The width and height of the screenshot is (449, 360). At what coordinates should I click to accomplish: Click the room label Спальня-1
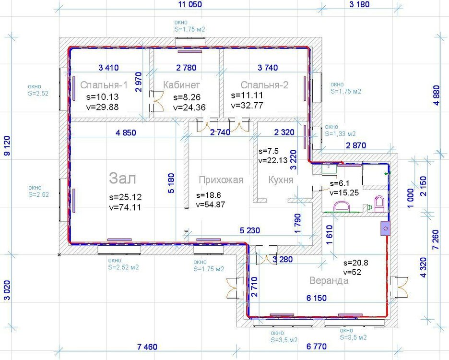pyautogui.click(x=104, y=85)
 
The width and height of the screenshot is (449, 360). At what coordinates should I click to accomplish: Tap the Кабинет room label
pyautogui.click(x=181, y=85)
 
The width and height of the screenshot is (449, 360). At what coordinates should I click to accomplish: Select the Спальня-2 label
pyautogui.click(x=265, y=85)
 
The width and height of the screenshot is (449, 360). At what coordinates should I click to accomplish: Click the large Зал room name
pyautogui.click(x=122, y=178)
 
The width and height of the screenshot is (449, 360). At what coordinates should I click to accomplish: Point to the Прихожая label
pyautogui.click(x=221, y=180)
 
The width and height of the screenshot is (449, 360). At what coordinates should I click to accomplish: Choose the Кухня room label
pyautogui.click(x=281, y=180)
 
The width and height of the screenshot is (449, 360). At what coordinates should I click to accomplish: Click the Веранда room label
pyautogui.click(x=329, y=280)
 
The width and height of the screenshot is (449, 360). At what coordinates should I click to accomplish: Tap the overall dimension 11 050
pyautogui.click(x=190, y=5)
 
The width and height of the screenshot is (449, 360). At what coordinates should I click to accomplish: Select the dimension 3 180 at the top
pyautogui.click(x=359, y=5)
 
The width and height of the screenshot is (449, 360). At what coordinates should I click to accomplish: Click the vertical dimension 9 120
pyautogui.click(x=7, y=145)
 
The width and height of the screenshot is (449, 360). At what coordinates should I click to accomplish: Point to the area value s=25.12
pyautogui.click(x=125, y=197)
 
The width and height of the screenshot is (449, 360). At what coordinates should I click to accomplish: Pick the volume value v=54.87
pyautogui.click(x=211, y=204)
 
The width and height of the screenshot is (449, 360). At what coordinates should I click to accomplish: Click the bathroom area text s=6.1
pyautogui.click(x=340, y=183)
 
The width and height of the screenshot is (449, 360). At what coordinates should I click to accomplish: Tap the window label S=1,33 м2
pyautogui.click(x=340, y=134)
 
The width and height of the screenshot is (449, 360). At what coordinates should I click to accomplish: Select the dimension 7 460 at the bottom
pyautogui.click(x=147, y=347)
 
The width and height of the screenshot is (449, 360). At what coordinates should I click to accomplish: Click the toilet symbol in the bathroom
pyautogui.click(x=379, y=204)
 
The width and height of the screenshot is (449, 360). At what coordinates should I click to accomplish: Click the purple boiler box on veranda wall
pyautogui.click(x=385, y=228)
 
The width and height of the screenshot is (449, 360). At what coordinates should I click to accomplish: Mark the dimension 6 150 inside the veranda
pyautogui.click(x=317, y=298)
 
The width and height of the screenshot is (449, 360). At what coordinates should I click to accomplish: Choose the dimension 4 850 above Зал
pyautogui.click(x=126, y=132)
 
